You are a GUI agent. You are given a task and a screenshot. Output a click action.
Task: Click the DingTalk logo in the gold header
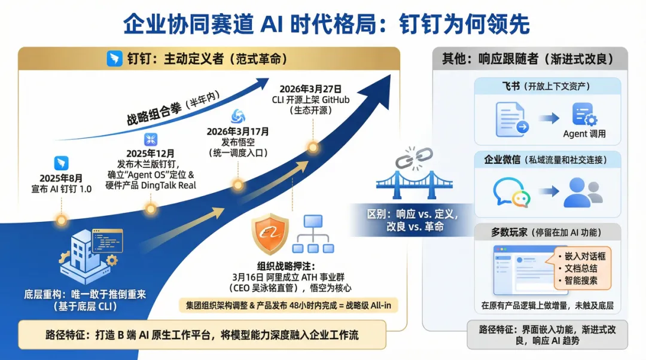click(114, 59)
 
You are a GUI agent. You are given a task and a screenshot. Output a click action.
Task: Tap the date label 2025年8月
click(61, 178)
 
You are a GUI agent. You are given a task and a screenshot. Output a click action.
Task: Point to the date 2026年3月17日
click(237, 132)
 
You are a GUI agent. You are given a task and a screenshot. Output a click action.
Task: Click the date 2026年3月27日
click(310, 89)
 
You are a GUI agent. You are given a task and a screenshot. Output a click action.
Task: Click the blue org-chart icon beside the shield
click(313, 234)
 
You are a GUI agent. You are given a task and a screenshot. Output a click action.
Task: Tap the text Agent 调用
click(584, 134)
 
